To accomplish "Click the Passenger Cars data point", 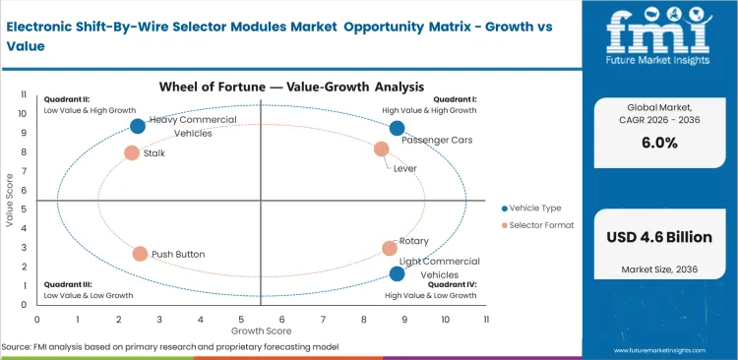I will [397, 128].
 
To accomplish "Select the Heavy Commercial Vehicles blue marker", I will [138, 126].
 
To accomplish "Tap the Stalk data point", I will [132, 152].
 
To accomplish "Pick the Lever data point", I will [382, 149].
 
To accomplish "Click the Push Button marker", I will [140, 254].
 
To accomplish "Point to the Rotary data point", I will [390, 249].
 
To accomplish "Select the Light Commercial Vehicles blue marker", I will [397, 273].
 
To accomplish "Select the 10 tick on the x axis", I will [446, 319].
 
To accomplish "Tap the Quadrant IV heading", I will [451, 285].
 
